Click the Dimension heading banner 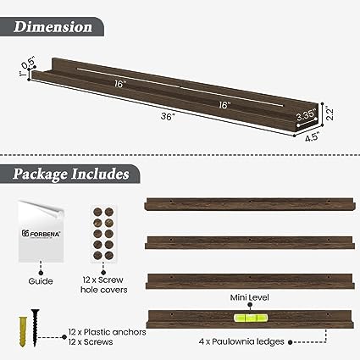[52, 27]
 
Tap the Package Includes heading [70, 174]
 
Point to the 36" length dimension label [169, 116]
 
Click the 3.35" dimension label [306, 115]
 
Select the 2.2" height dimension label [330, 113]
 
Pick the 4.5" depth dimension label [312, 138]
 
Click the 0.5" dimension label [28, 62]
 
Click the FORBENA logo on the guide [42, 234]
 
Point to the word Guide [41, 281]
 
